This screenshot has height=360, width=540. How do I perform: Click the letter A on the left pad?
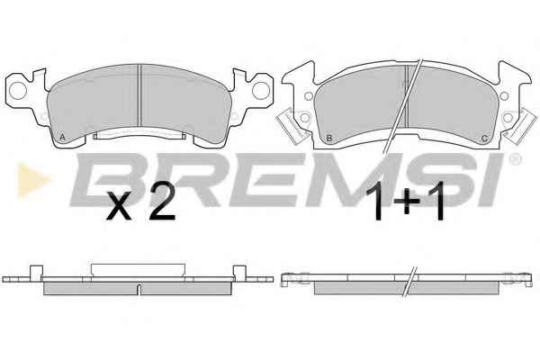62,137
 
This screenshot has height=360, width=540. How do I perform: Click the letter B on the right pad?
328,139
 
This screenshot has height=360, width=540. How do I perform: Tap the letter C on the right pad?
484,139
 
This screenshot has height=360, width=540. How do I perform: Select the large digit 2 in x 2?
162,205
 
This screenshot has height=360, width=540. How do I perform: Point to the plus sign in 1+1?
407,202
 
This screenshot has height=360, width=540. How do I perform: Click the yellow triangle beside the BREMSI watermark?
33,180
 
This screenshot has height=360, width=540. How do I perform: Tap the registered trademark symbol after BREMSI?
515,158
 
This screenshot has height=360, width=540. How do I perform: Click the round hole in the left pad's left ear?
18,91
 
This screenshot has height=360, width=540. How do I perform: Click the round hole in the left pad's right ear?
261,90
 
